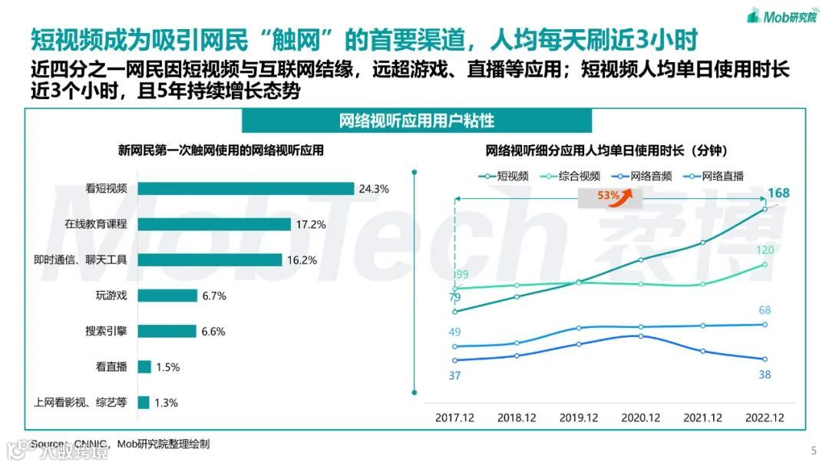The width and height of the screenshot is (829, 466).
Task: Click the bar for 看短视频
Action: (x=246, y=188)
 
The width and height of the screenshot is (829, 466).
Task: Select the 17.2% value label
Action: (x=310, y=224)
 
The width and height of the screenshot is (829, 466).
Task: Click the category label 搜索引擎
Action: (x=106, y=331)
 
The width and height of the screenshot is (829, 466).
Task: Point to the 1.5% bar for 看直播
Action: (x=144, y=367)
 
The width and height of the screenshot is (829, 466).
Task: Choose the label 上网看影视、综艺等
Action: (x=80, y=402)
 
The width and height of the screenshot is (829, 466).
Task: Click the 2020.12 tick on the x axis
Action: (x=641, y=418)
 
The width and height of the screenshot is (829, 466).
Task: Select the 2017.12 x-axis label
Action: (x=454, y=418)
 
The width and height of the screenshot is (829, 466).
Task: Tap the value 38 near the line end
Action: (x=765, y=375)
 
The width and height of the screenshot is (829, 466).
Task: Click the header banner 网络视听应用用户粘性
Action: (x=417, y=121)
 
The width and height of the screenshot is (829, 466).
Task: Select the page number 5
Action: (x=814, y=451)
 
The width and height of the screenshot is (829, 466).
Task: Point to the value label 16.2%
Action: (x=301, y=260)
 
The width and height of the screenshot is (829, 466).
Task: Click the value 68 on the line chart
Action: (x=765, y=310)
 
